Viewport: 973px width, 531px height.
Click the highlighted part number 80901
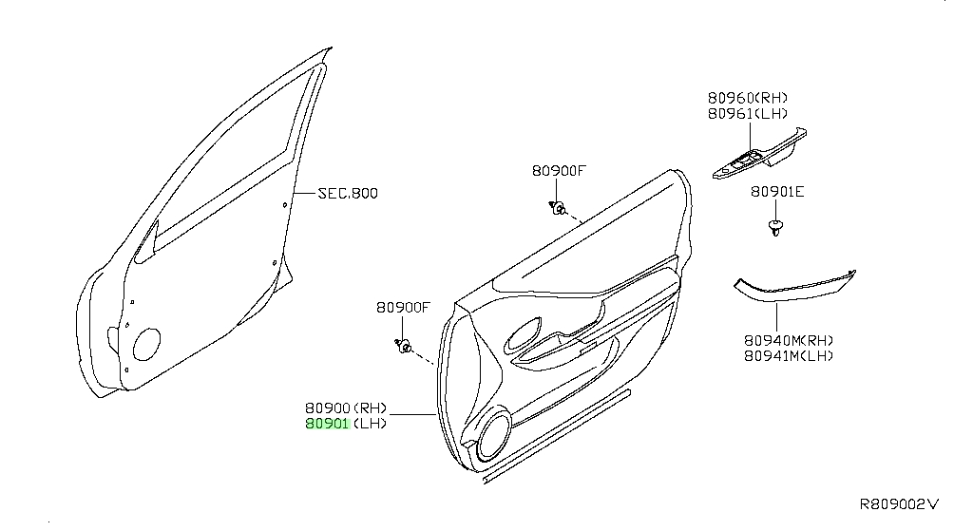click(x=327, y=424)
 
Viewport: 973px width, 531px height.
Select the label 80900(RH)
click(x=346, y=408)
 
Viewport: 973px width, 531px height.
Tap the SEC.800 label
click(x=348, y=194)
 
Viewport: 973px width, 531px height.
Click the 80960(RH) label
click(x=748, y=98)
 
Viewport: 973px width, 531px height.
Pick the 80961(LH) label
click(x=748, y=114)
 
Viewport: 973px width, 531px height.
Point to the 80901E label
click(x=777, y=192)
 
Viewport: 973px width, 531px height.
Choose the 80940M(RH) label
click(x=789, y=341)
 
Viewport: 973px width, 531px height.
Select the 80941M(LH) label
click(x=789, y=356)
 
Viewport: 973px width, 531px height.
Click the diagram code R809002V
click(x=899, y=503)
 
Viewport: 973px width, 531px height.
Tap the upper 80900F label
click(x=559, y=171)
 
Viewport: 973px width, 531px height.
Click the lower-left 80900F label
click(x=403, y=307)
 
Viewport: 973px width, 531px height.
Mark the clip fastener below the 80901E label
click(x=775, y=227)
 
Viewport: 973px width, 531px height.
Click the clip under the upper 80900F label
click(x=557, y=208)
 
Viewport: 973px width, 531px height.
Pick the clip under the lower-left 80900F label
click(x=404, y=346)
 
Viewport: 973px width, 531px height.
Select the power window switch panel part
click(x=759, y=155)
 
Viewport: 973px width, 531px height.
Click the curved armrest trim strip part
click(x=794, y=288)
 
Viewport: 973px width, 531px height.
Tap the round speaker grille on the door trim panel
click(x=494, y=433)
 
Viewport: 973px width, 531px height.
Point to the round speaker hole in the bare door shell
click(x=146, y=344)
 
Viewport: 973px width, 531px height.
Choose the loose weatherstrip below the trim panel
click(x=557, y=436)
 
